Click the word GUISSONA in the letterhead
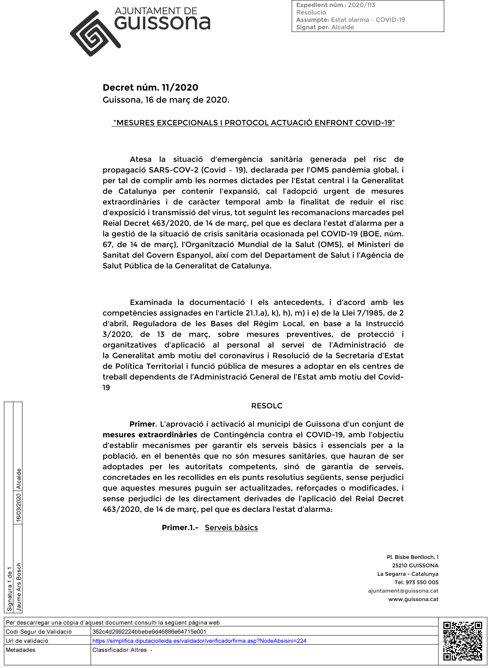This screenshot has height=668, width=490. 162,23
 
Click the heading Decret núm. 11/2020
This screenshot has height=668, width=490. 150,88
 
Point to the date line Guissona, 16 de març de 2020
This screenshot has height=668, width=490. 166,100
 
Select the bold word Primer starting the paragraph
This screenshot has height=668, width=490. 143,424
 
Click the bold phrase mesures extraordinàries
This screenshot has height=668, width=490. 150,435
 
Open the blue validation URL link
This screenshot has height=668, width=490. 199,641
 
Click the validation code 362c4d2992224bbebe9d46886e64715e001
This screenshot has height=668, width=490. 149,631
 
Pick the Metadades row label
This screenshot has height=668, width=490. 20,650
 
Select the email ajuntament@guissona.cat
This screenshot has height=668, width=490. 403,591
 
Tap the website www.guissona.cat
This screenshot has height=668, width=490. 413,599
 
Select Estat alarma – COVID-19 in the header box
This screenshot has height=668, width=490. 368,20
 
